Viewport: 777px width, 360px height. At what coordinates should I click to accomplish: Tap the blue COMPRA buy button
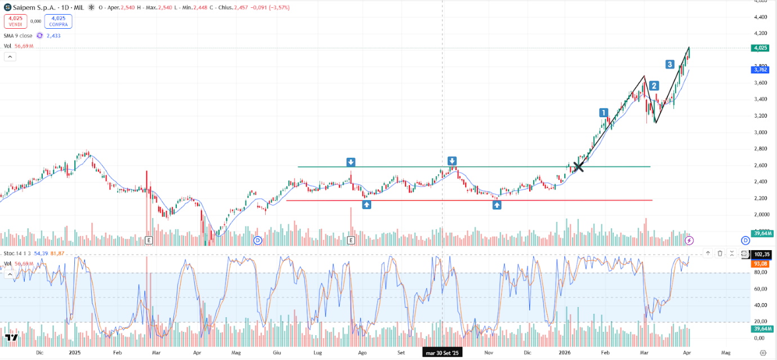59,21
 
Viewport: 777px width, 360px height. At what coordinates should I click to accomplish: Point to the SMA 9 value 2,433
54,35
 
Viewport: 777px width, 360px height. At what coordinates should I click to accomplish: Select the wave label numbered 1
604,113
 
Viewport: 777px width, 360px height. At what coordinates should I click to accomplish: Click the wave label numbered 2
654,86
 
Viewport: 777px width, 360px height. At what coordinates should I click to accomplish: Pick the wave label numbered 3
669,64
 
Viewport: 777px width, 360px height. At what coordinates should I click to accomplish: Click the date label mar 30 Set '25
442,353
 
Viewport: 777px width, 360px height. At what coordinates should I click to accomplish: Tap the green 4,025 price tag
760,48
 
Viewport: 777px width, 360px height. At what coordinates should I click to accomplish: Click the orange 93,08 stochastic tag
760,263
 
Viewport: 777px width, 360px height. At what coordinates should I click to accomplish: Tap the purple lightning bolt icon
689,241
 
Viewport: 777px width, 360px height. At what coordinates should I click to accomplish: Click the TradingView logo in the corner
11,338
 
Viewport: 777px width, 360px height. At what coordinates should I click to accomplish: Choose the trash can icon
720,254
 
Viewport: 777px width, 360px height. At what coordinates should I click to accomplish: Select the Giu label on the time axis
276,353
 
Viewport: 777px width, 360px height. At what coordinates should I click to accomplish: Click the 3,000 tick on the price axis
760,132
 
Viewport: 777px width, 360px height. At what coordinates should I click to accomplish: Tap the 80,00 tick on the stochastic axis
760,272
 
